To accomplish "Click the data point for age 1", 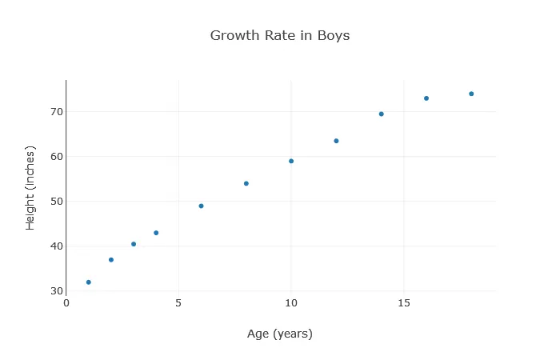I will (89, 282).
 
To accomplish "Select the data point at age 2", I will (111, 260).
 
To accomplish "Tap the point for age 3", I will (134, 244).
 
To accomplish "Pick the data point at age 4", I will (156, 233).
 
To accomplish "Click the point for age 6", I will (201, 206).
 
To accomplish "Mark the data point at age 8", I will (246, 183).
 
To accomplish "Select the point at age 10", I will (291, 161).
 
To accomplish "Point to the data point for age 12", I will (336, 141).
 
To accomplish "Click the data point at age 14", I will (382, 114).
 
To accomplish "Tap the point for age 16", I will (426, 98).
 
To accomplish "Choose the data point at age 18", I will (471, 94).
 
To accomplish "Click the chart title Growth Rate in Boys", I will (280, 36).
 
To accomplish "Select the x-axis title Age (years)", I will (280, 334).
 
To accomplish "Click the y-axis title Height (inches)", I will (30, 188).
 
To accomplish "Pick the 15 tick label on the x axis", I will (403, 302).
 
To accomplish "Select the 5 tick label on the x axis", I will (178, 302).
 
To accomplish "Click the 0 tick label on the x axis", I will (66, 302).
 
